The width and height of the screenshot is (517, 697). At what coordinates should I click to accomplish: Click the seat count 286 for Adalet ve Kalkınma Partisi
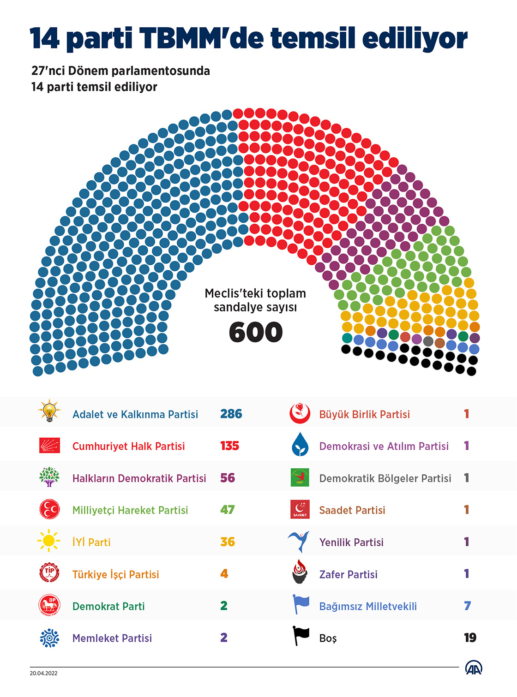click(x=231, y=414)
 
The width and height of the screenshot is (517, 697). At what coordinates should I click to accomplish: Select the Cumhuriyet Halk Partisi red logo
click(x=49, y=446)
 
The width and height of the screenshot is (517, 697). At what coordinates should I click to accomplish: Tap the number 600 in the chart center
click(x=255, y=333)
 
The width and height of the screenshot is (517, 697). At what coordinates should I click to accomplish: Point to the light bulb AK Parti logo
click(x=49, y=411)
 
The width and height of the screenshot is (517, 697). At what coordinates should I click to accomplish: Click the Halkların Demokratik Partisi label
click(x=139, y=478)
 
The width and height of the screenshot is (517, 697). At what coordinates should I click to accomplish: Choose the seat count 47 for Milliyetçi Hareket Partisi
click(x=227, y=510)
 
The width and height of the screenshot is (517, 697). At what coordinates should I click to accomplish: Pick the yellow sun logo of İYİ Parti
click(x=49, y=541)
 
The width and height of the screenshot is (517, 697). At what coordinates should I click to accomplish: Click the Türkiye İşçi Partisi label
click(x=115, y=574)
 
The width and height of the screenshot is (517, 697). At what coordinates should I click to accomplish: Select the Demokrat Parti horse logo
click(x=49, y=605)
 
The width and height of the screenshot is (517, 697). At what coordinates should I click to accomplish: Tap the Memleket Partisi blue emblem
click(x=49, y=638)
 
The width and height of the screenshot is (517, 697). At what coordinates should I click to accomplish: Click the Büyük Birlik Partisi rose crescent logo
click(x=300, y=413)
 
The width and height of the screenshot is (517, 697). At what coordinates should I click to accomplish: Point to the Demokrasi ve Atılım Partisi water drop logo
click(x=300, y=445)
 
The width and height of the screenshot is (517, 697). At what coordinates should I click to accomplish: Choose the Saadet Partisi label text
click(x=352, y=510)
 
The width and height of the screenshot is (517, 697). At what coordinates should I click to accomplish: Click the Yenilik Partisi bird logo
click(x=300, y=541)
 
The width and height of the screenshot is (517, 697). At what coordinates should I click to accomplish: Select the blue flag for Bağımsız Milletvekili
click(x=301, y=604)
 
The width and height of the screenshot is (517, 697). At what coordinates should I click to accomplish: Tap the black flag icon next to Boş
click(x=301, y=636)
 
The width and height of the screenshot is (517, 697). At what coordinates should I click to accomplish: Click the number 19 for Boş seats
click(x=470, y=637)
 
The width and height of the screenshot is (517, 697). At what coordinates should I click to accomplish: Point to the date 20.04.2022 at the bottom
click(x=44, y=673)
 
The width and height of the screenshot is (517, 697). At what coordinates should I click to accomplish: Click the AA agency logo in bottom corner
click(x=474, y=668)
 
